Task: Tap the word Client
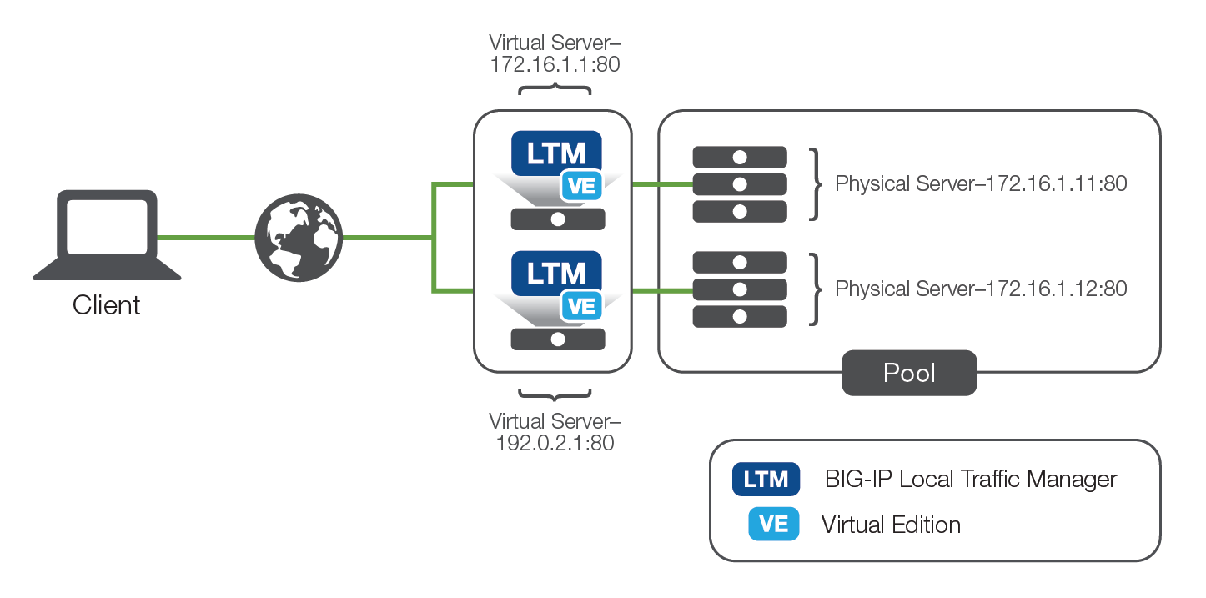pos(107,305)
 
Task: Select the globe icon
pos(298,239)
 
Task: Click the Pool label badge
pos(909,373)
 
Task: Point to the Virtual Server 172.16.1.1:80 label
pos(555,53)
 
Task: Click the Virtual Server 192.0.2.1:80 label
pos(555,431)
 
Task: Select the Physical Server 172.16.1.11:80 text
pos(981,184)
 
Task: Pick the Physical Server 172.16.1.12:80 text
pos(981,289)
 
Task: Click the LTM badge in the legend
pos(766,480)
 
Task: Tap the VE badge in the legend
pos(773,524)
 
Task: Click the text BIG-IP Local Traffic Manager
pos(970,480)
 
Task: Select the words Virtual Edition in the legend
pos(891,525)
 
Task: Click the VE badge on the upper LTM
pos(581,186)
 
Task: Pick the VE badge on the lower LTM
pos(581,306)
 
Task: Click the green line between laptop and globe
pos(206,238)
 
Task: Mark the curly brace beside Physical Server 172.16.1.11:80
pos(815,184)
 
